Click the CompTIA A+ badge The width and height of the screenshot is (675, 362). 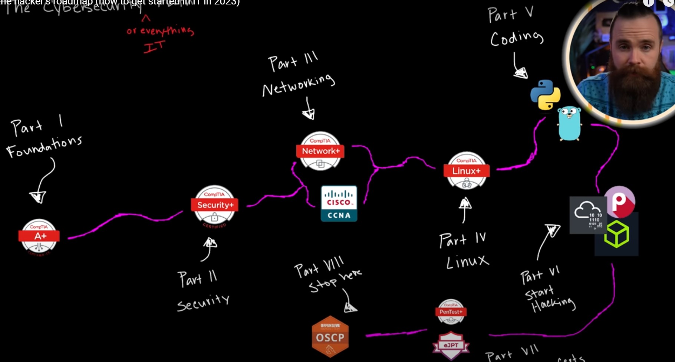pos(39,236)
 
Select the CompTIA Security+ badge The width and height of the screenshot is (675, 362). pos(215,205)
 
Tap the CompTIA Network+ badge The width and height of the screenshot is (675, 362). pos(320,151)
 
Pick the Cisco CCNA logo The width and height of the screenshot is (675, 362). pos(339,203)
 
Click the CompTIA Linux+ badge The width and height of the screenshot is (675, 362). pos(466,171)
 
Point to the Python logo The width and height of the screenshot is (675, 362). pos(545,95)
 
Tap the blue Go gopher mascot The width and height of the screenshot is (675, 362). pos(569,123)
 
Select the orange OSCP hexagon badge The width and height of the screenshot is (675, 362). pos(330,337)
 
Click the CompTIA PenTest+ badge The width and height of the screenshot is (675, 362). pos(451,311)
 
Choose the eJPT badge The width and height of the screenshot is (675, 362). pos(451,345)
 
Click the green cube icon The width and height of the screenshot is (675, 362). pos(616,234)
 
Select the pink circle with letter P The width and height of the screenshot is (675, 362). pos(619,202)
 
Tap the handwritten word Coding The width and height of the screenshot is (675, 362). pos(517,38)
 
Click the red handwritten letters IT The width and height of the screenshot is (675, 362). pos(154,47)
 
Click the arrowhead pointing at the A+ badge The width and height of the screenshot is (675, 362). pos(38,196)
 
